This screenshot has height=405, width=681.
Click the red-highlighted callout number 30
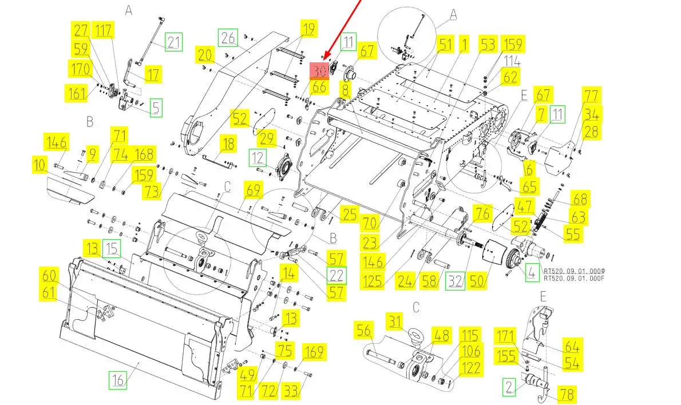click(319, 70)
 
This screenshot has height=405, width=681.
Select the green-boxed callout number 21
click(173, 41)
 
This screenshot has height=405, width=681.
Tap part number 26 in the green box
click(228, 38)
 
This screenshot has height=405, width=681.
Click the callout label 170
click(80, 69)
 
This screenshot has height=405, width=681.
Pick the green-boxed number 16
click(117, 379)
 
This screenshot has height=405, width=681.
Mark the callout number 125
click(372, 281)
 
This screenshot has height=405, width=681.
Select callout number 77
click(591, 95)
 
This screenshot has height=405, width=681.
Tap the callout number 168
click(143, 154)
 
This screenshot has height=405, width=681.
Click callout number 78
click(567, 394)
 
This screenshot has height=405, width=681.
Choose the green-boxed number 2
click(509, 387)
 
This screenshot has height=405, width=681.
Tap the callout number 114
click(512, 60)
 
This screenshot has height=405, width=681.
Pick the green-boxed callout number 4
click(532, 273)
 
